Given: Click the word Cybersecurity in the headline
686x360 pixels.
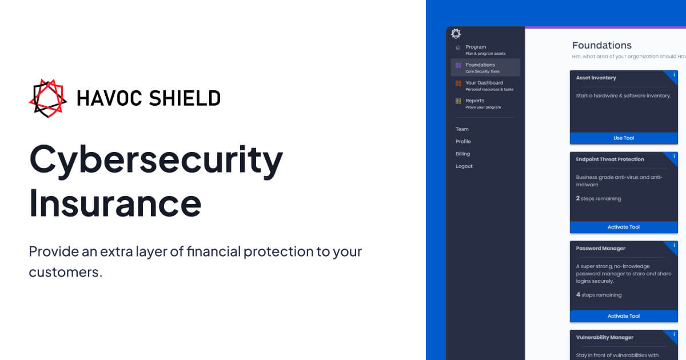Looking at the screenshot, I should click(x=156, y=161).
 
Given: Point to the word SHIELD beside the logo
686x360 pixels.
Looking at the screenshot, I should click(x=185, y=98).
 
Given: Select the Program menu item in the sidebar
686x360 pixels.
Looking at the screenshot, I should click(x=476, y=47).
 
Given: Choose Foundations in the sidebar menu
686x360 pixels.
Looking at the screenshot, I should click(x=480, y=65).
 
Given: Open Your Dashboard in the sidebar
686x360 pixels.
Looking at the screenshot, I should click(x=484, y=83).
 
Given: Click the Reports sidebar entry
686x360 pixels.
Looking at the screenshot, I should click(x=474, y=101).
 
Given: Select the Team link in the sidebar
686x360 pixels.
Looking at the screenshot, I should click(x=462, y=129).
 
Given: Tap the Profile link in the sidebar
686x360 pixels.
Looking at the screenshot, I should click(x=463, y=142).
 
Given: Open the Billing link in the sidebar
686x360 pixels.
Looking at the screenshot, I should click(x=462, y=154).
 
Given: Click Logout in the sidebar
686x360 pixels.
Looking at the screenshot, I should click(x=464, y=166).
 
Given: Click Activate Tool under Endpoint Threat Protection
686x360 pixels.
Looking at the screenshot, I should click(x=623, y=227).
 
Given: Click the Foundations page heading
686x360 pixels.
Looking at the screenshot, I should click(x=601, y=45).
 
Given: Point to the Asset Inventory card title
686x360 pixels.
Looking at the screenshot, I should click(x=596, y=78).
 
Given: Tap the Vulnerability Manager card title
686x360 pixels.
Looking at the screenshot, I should click(x=605, y=337).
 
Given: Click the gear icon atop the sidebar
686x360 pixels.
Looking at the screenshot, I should click(x=456, y=34).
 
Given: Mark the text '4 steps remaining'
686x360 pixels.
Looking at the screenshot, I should click(x=599, y=295).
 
